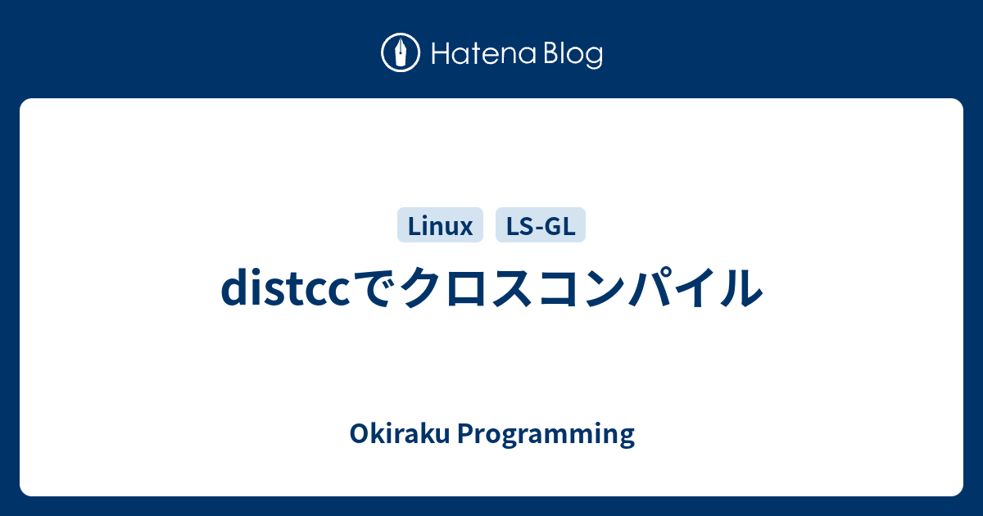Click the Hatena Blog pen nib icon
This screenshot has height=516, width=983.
tap(401, 53)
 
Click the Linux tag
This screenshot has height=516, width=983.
tap(441, 225)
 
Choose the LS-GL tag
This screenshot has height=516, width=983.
tap(541, 225)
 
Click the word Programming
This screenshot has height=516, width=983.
tap(545, 435)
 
